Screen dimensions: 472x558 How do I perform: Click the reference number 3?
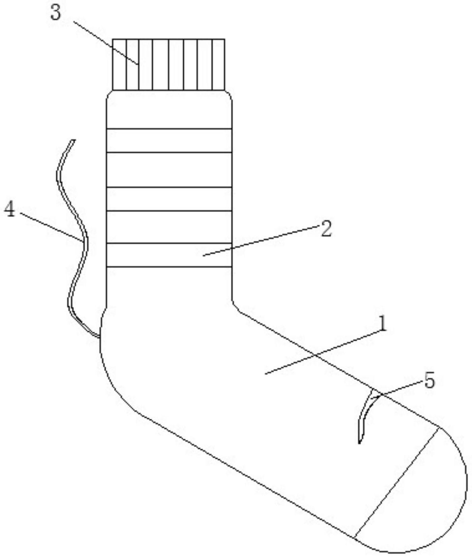click(56, 13)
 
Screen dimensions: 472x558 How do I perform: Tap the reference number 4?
click(10, 209)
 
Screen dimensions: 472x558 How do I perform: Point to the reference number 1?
click(382, 324)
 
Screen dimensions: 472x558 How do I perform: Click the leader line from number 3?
click(105, 43)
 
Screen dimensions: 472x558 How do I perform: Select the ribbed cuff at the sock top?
click(169, 65)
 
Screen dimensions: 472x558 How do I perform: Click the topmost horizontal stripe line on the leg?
click(169, 129)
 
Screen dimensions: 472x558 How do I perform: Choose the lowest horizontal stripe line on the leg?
click(169, 267)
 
